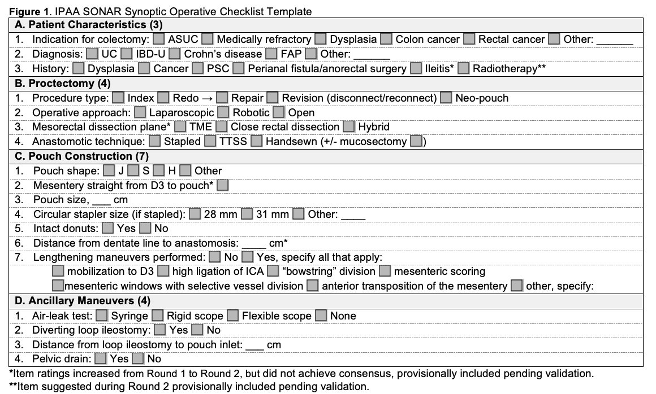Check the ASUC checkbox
(x=159, y=40)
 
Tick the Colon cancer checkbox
(x=386, y=40)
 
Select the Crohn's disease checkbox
(x=175, y=54)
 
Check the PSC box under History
(x=197, y=69)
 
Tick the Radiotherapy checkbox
(x=464, y=69)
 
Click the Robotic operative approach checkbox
(x=223, y=113)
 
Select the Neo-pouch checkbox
(x=446, y=98)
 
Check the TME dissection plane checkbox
(x=180, y=127)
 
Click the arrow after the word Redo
(x=208, y=98)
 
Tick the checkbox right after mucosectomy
(x=417, y=142)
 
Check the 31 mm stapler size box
(x=247, y=214)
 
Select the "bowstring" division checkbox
(x=273, y=272)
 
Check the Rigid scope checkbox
(x=157, y=316)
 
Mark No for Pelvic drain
(x=137, y=359)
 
